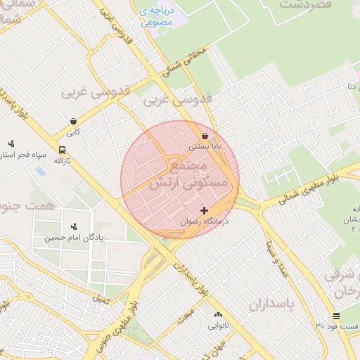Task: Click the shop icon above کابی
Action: click(74, 120)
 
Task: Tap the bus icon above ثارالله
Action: click(63, 150)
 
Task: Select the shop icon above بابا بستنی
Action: click(205, 136)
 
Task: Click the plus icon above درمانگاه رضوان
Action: click(204, 210)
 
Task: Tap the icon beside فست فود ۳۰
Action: click(336, 316)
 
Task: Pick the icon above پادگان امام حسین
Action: click(74, 226)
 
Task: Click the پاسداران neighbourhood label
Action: click(274, 304)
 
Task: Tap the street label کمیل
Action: click(101, 300)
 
